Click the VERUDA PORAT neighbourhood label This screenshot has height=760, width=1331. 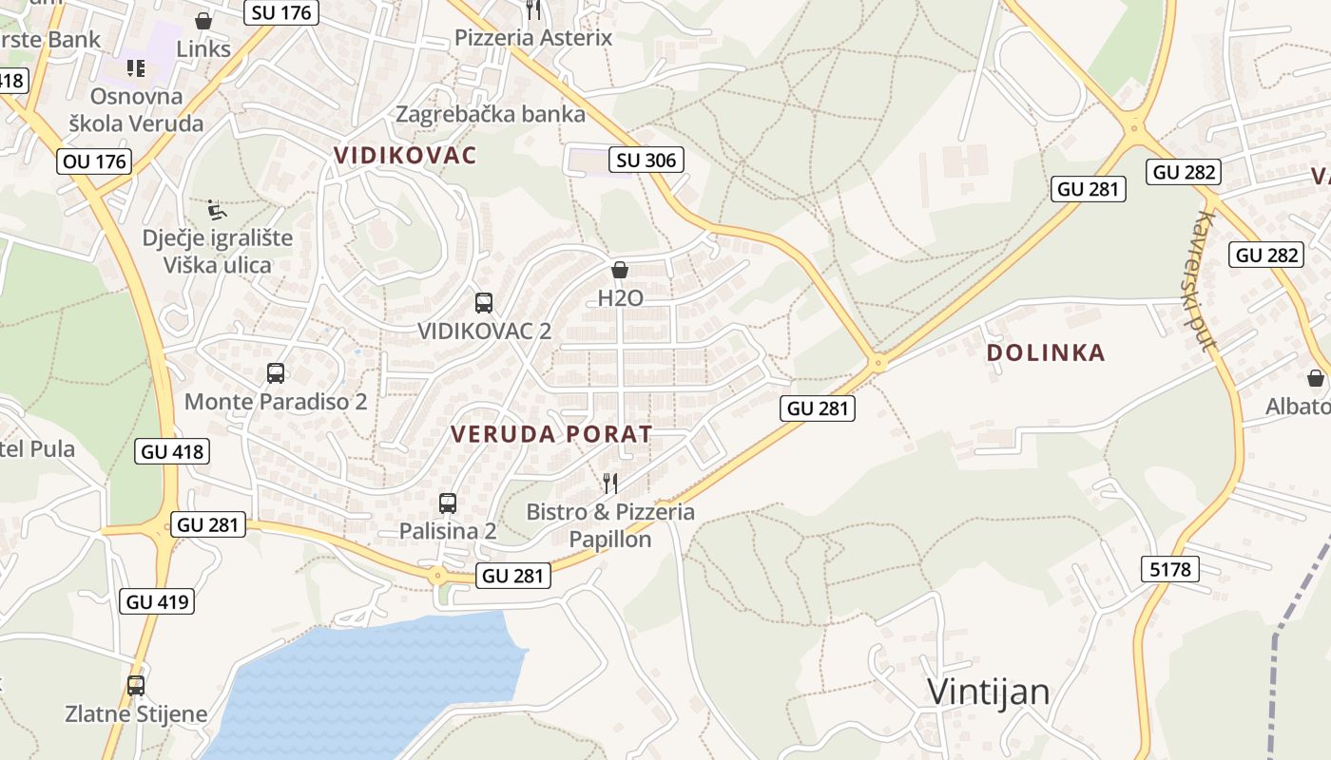tap(551, 434)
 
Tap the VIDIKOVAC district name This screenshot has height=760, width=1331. tap(405, 155)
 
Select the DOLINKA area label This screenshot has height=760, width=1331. tap(1046, 352)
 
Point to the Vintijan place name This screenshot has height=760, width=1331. tap(989, 692)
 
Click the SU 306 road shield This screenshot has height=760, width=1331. tap(646, 160)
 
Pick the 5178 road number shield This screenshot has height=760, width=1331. tap(1169, 569)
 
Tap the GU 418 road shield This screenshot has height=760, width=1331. tap(172, 451)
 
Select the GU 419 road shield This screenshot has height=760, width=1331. tap(158, 601)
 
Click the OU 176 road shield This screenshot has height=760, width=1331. tap(94, 161)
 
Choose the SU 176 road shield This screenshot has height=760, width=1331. tap(280, 12)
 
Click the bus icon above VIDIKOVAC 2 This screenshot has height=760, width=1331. tap(484, 303)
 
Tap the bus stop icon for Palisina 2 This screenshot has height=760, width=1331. tap(448, 503)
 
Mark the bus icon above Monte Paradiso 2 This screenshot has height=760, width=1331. tap(276, 373)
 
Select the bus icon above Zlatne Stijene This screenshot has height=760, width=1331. tap(136, 685)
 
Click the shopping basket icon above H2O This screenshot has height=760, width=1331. tap(620, 270)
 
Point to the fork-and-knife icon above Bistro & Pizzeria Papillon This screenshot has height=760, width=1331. tap(610, 484)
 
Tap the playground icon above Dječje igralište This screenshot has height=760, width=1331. tap(218, 209)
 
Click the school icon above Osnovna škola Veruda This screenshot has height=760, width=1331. tap(136, 68)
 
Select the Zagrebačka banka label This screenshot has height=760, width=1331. tap(491, 114)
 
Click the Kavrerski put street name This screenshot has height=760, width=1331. tap(1204, 280)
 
